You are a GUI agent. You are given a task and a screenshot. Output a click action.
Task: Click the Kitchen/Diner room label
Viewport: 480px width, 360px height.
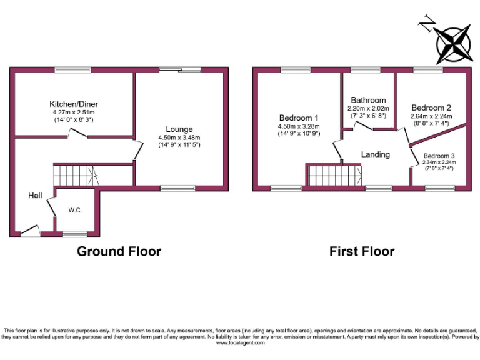coord(74,104)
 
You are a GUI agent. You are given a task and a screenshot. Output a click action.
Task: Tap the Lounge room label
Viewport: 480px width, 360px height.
coord(179,129)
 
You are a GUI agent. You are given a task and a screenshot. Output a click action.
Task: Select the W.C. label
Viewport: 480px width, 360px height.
coord(76,211)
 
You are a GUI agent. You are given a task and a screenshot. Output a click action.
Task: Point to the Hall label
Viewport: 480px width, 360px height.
coord(35,196)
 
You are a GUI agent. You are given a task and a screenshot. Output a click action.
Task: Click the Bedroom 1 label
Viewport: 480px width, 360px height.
coord(299,117)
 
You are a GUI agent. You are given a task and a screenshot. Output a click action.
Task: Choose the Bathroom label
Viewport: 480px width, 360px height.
coord(368,100)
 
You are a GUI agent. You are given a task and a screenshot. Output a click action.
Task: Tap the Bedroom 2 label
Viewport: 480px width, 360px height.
coord(431,107)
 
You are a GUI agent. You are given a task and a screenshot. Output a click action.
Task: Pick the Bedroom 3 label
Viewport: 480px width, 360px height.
coord(439,155)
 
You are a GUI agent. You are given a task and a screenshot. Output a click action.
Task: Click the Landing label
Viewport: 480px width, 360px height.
coord(376,154)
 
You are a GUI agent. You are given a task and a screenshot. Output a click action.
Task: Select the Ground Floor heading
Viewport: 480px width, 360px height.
coord(119,252)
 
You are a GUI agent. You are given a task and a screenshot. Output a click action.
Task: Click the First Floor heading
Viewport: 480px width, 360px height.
coord(362,252)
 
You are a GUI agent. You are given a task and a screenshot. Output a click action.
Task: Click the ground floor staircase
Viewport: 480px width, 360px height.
coord(72,174)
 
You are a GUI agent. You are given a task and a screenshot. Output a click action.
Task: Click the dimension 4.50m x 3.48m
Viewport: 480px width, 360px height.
coord(179,137)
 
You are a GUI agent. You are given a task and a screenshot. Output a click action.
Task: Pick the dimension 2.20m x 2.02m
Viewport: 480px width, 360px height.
coord(368,108)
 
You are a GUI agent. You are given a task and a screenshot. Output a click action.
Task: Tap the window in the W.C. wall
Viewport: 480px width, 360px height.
coord(75,234)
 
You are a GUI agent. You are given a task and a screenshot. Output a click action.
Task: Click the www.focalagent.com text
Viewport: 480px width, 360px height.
coord(239,342)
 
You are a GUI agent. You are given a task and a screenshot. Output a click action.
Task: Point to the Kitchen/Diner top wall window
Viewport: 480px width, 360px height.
coord(69,69)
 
